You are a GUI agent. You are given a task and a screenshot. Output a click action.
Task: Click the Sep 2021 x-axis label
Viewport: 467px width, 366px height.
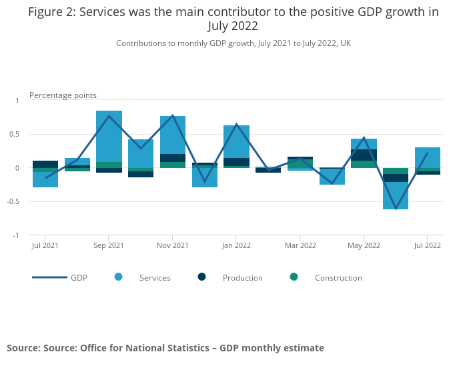109,245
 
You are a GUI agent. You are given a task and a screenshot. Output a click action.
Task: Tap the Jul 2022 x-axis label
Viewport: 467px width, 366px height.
428,245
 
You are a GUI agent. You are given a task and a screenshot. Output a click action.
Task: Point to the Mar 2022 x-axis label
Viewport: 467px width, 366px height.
300,245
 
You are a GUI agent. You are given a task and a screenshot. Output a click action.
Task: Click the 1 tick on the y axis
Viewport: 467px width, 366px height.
18,101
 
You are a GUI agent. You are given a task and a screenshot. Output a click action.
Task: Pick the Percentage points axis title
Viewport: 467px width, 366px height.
63,95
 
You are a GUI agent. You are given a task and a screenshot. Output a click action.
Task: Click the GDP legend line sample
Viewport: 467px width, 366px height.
49,277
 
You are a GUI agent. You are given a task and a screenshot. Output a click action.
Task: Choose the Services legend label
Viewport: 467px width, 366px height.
155,278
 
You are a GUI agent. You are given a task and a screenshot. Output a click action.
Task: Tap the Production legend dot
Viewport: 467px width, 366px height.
202,277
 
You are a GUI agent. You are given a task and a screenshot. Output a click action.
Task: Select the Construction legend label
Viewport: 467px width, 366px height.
338,278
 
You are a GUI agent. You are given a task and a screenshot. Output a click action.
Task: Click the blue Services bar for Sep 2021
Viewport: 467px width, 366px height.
109,136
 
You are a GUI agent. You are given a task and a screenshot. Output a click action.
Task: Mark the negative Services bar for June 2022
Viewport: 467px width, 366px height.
396,196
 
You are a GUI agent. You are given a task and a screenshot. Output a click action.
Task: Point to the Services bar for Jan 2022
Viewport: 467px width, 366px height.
236,141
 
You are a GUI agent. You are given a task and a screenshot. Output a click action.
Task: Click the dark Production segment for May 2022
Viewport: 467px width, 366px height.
364,155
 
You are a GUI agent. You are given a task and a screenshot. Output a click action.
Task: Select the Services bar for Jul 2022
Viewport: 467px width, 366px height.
428,157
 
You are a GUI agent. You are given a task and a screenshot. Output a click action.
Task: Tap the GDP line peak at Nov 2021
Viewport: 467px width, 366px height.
173,115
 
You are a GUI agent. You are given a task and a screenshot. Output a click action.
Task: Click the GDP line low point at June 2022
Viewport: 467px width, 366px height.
396,209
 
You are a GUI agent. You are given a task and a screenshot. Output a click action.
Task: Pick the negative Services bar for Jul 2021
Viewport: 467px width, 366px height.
45,180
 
